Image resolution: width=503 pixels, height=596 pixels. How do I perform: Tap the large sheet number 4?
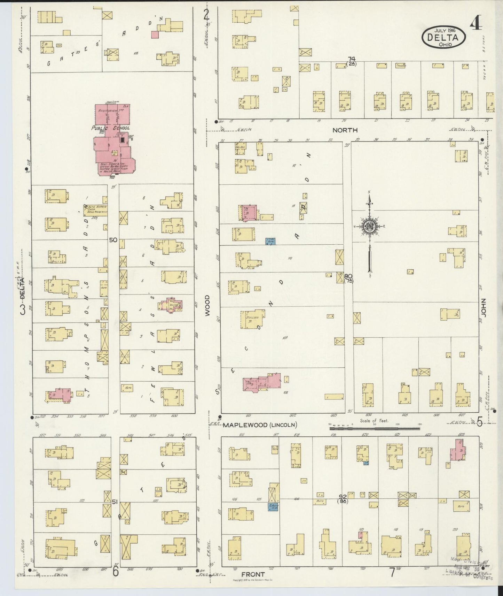(476, 24)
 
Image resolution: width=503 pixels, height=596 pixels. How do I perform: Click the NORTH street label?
(345, 130)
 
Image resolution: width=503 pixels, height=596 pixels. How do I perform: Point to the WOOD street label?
(207, 306)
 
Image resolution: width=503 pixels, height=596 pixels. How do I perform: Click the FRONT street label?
(253, 574)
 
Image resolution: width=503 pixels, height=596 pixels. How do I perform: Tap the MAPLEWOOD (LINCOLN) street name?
(260, 425)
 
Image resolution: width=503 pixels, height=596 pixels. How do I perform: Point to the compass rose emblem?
(369, 227)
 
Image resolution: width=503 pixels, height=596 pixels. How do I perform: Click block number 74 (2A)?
(351, 61)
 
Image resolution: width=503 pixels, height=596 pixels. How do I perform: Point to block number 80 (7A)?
(348, 278)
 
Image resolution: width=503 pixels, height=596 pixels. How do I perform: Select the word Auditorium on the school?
(108, 110)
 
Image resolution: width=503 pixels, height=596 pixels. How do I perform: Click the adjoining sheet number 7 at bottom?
(392, 572)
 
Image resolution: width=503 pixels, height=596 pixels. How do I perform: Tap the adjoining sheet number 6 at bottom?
(115, 572)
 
